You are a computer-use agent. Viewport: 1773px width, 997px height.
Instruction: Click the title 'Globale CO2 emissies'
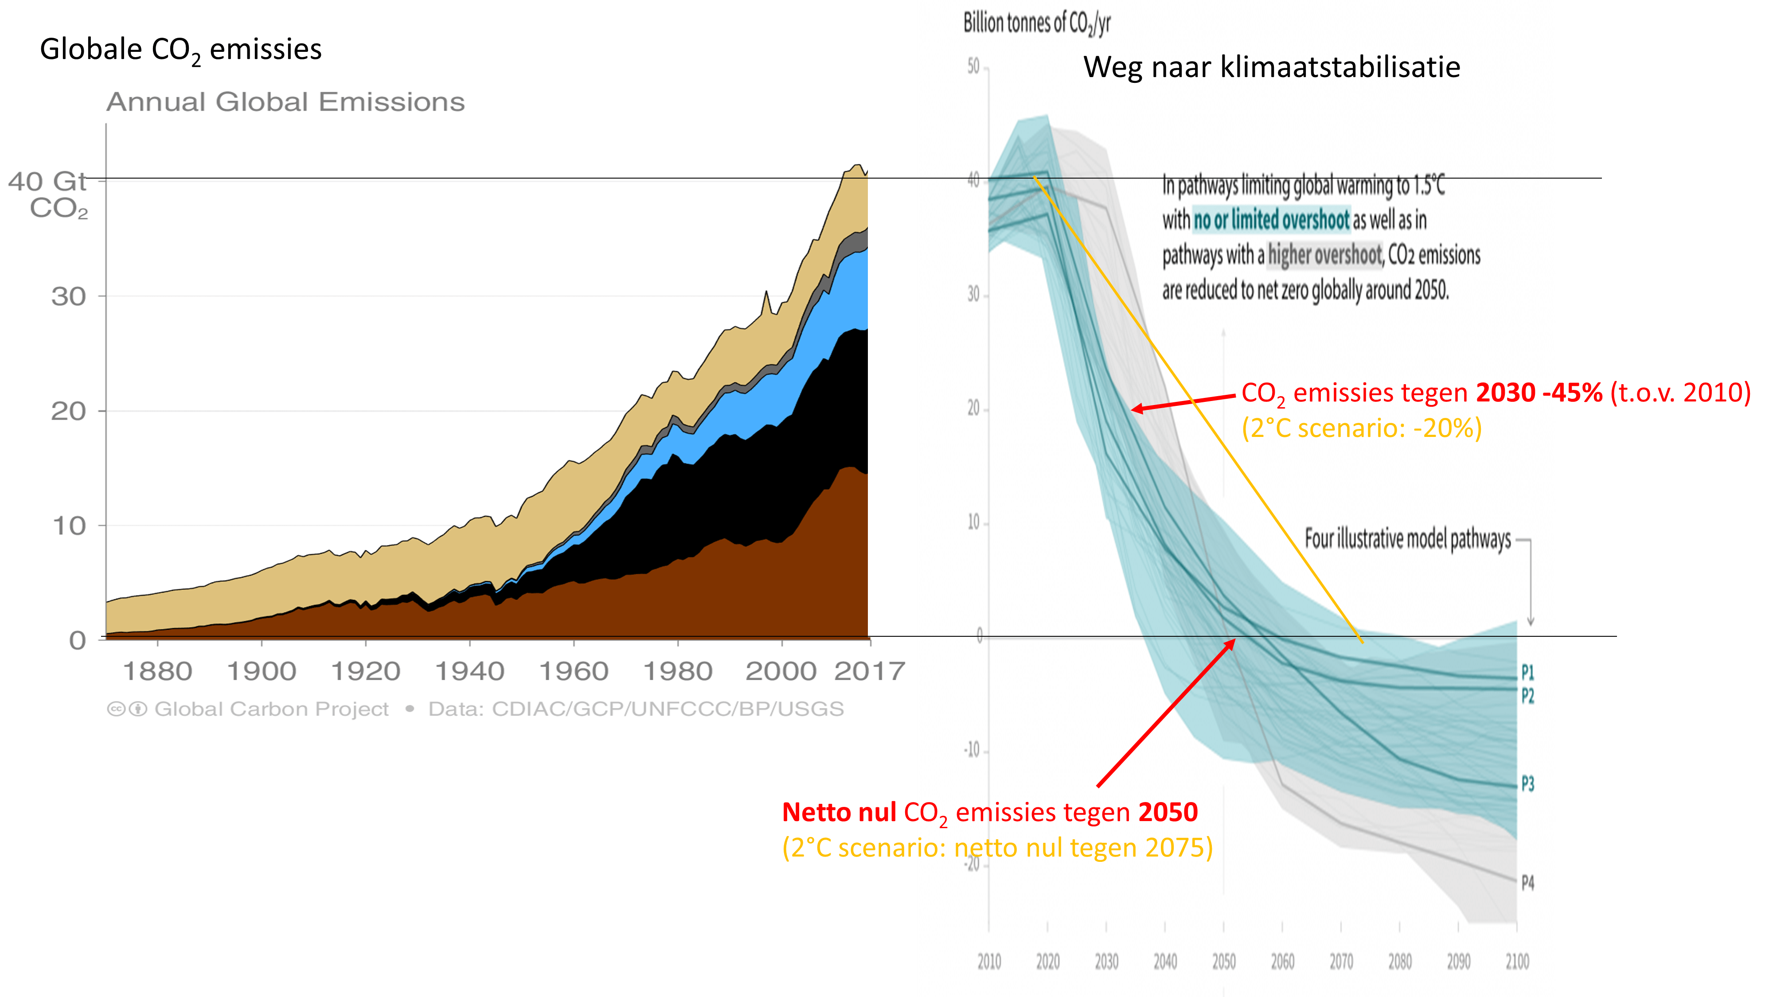pos(180,50)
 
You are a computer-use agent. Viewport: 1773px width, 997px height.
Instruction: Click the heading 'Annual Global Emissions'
pos(285,102)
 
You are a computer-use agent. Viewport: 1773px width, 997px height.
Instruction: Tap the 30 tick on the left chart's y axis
pos(68,296)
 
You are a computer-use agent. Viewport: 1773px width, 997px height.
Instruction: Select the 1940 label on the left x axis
pos(469,671)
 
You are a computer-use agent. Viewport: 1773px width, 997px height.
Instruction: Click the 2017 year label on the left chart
pos(869,671)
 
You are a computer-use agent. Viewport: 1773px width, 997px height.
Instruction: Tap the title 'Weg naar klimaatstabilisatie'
pos(1271,67)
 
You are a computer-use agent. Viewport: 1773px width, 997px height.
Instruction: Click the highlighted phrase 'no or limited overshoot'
pos(1270,220)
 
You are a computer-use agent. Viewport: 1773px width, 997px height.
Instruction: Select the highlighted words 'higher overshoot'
pos(1324,255)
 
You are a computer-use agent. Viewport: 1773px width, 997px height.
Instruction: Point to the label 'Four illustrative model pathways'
pos(1407,539)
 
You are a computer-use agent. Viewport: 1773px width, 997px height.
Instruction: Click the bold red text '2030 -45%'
pos(1539,393)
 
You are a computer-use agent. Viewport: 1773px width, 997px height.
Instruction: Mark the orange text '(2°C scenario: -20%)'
pos(1361,428)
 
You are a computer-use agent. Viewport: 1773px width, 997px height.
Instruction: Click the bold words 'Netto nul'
pos(838,813)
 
